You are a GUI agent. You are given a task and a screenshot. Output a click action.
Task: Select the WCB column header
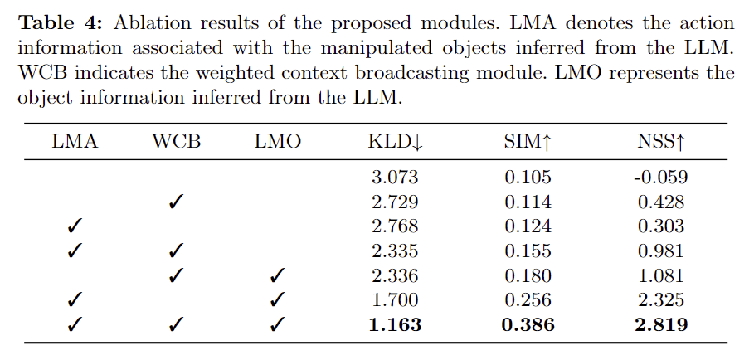pyautogui.click(x=176, y=142)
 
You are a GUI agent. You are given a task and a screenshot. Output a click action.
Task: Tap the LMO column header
pyautogui.click(x=277, y=142)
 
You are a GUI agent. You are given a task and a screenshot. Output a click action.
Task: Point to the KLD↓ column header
pyautogui.click(x=394, y=142)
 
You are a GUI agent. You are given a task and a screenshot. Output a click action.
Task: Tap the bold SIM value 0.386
pyautogui.click(x=528, y=324)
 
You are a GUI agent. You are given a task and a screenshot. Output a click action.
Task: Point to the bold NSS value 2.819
pyautogui.click(x=660, y=324)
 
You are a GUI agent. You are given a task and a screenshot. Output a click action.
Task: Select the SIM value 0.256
pyautogui.click(x=528, y=299)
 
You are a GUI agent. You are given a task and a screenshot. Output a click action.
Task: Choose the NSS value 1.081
pyautogui.click(x=660, y=275)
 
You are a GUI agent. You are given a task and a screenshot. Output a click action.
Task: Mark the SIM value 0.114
pyautogui.click(x=528, y=202)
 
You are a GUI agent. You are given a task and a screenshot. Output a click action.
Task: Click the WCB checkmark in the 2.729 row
pyautogui.click(x=176, y=202)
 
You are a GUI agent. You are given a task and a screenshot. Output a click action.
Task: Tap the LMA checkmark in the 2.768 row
pyautogui.click(x=74, y=226)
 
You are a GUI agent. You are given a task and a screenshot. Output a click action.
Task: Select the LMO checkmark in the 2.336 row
pyautogui.click(x=277, y=275)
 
